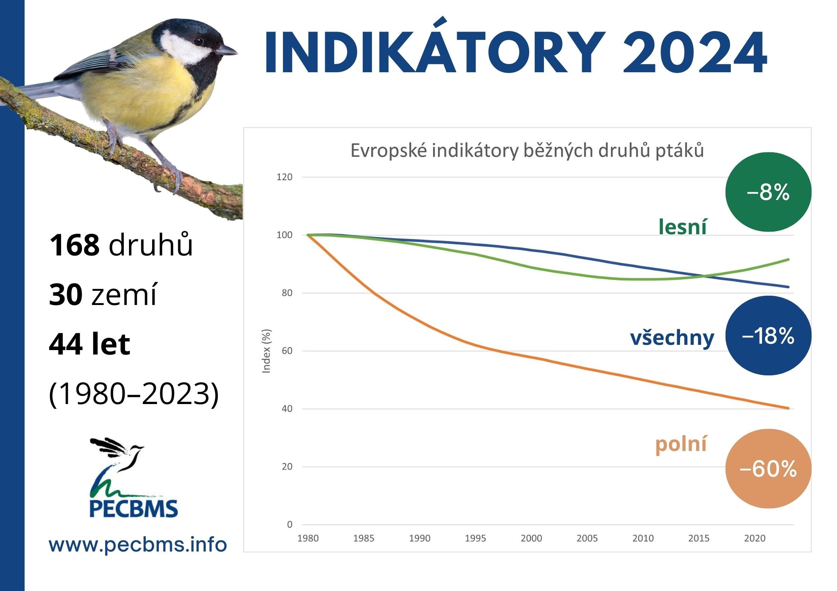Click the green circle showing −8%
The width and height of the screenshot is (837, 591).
(768, 192)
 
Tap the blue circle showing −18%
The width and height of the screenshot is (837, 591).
(768, 336)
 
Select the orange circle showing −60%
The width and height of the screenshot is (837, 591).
(768, 468)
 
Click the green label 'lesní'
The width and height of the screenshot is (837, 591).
(682, 226)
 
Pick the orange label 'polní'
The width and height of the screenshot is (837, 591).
(681, 445)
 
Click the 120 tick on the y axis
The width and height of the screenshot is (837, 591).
(284, 177)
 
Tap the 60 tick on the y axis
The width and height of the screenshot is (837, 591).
(287, 351)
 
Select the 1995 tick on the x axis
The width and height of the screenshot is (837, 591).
(475, 538)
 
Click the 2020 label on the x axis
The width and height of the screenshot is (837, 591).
(755, 538)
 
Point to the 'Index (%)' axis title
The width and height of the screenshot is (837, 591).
(266, 351)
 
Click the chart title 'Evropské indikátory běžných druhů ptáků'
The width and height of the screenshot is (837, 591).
(527, 151)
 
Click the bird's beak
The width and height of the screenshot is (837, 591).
(227, 50)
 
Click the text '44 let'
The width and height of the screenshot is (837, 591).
(89, 344)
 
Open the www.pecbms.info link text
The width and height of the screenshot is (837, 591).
(138, 545)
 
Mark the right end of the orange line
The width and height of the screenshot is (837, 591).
(789, 408)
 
